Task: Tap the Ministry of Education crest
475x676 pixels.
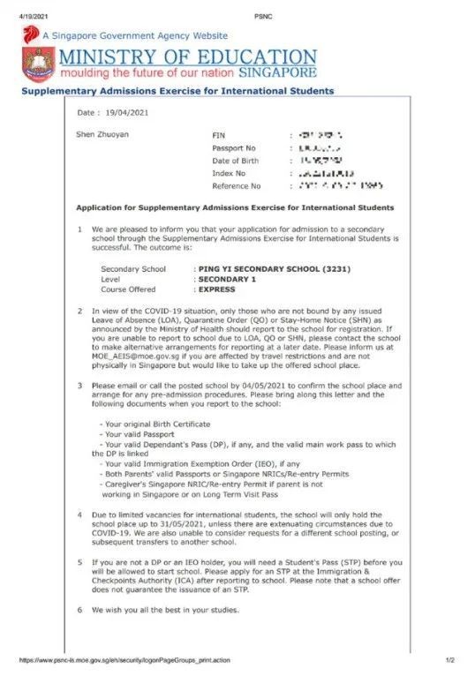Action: pos(38,64)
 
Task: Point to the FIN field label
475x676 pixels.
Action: pos(219,135)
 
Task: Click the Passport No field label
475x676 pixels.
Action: pos(234,148)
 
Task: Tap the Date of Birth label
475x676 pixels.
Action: pos(237,161)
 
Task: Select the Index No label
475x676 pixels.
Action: pos(230,173)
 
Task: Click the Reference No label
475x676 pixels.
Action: pos(236,186)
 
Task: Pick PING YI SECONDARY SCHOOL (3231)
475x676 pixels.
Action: pos(271,268)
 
